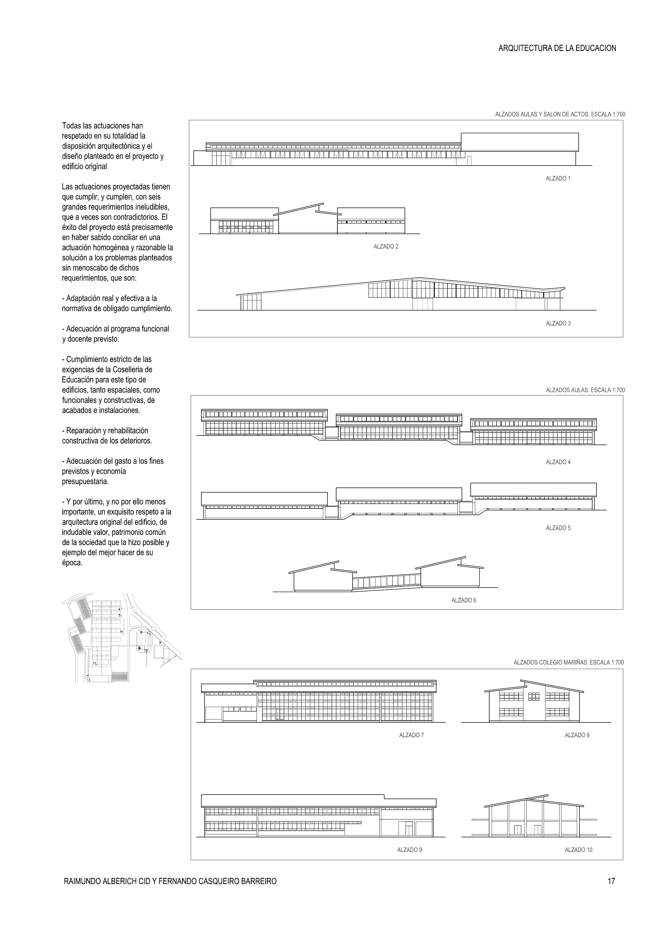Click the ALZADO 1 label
(x=558, y=178)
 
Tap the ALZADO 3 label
(x=558, y=324)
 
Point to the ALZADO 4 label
(x=558, y=462)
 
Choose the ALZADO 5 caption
(x=558, y=528)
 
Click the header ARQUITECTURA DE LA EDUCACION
(x=557, y=48)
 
